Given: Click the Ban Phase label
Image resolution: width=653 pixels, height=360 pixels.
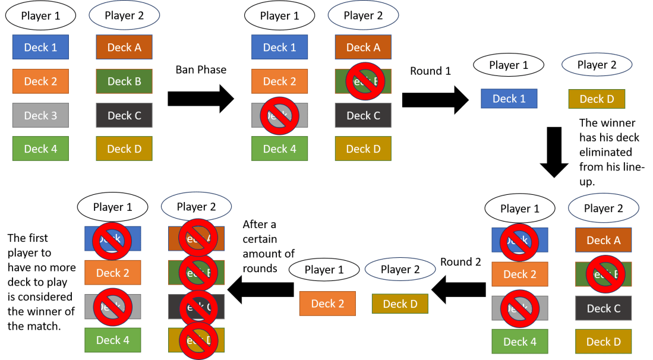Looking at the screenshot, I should [201, 70].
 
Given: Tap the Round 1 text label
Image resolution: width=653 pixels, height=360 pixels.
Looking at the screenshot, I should [430, 71].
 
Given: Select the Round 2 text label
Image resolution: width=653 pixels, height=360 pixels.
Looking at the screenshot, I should [460, 262].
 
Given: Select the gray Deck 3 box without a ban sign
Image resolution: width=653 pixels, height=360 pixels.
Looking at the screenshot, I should [40, 115].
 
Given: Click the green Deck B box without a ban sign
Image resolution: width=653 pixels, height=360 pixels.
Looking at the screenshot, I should [124, 81].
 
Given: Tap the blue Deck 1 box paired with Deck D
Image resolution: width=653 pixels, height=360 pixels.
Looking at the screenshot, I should [509, 99].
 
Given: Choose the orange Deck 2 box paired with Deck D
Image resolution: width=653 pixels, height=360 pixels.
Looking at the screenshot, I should [327, 304].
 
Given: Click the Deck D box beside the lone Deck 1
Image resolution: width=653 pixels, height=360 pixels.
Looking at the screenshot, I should [597, 99].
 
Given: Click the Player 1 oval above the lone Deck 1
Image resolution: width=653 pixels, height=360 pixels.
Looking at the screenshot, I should [509, 65].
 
